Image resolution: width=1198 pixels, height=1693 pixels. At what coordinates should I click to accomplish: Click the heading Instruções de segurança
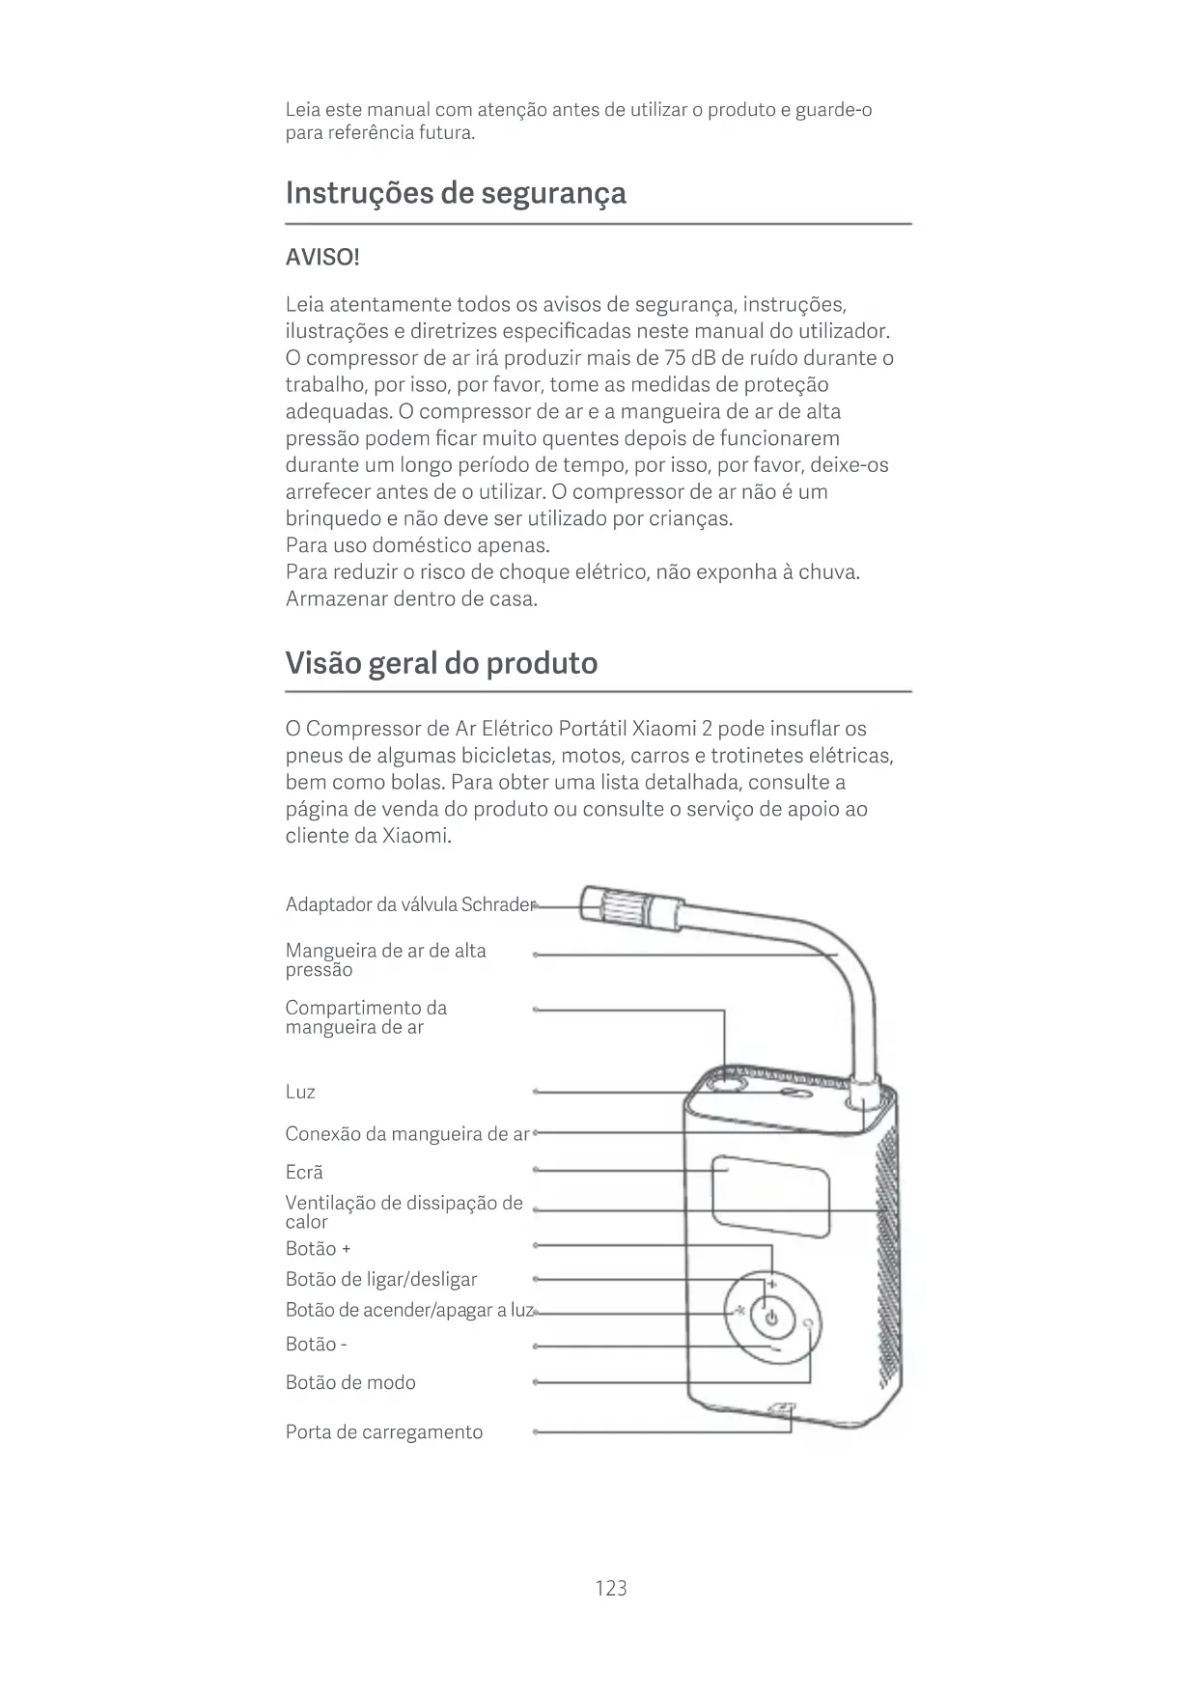click(456, 193)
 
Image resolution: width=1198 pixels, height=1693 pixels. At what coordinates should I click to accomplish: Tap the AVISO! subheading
click(322, 259)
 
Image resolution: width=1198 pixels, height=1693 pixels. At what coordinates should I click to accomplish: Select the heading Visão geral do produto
click(441, 663)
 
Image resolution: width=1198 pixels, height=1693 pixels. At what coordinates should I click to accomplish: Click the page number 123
click(611, 1588)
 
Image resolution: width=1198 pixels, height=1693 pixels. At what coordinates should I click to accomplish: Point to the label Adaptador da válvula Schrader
click(409, 904)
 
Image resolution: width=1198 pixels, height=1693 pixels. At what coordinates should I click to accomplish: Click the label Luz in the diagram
click(300, 1092)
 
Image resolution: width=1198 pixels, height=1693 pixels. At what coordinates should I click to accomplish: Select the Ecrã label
click(304, 1172)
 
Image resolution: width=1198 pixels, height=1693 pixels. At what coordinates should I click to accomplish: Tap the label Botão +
click(318, 1248)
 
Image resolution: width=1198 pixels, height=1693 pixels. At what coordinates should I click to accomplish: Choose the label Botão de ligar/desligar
click(381, 1279)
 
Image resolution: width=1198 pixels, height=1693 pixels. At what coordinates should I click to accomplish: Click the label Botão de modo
click(350, 1382)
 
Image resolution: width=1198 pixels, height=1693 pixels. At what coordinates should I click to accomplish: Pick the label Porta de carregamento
click(384, 1431)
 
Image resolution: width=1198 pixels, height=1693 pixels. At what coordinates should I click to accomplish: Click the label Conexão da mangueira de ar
click(407, 1133)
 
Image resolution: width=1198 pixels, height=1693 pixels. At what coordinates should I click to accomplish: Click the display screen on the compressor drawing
click(770, 1198)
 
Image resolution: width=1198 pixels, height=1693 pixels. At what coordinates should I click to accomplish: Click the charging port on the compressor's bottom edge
click(781, 1411)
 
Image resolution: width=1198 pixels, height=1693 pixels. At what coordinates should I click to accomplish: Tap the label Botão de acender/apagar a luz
click(409, 1310)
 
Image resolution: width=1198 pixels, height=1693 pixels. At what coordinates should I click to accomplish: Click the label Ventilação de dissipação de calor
click(404, 1211)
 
